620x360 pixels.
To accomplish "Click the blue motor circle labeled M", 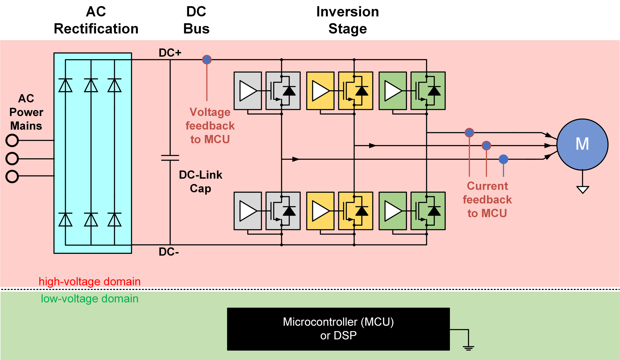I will coord(582,144).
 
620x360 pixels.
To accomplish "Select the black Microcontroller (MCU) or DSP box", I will coord(338,329).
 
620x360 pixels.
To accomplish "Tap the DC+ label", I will coord(170,53).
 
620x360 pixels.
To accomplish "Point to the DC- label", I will coord(169,252).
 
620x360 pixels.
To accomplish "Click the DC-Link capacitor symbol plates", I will coord(170,158).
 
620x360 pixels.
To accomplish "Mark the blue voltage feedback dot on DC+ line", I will coord(207,60).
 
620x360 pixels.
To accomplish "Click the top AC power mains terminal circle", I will coord(12,140).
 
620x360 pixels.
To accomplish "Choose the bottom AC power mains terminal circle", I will coord(12,176).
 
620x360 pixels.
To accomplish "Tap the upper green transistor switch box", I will coord(428,91).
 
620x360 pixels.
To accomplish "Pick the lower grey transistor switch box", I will coord(283,211).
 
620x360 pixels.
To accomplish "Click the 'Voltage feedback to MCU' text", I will coord(210,126).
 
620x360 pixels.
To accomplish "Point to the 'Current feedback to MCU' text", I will coord(487,199).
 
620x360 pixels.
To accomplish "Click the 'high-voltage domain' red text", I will coord(89,282).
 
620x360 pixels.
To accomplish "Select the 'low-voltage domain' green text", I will coord(89,299).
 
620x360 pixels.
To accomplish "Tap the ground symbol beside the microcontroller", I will coord(468,348).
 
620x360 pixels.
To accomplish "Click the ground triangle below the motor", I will coord(583,189).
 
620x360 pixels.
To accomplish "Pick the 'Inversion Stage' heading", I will coord(347,20).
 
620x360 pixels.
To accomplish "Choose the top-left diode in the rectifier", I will coord(66,86).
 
